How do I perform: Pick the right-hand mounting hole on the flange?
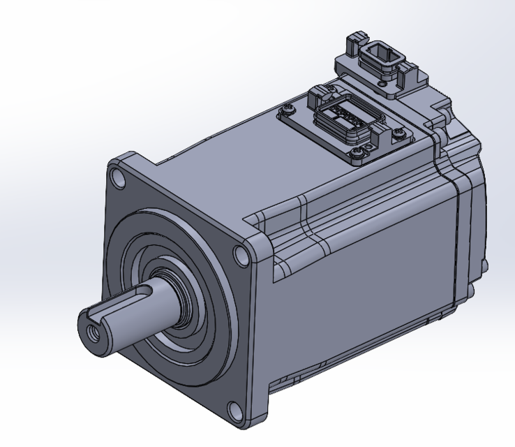pos(242,256)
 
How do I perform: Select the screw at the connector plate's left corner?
pos(288,108)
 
